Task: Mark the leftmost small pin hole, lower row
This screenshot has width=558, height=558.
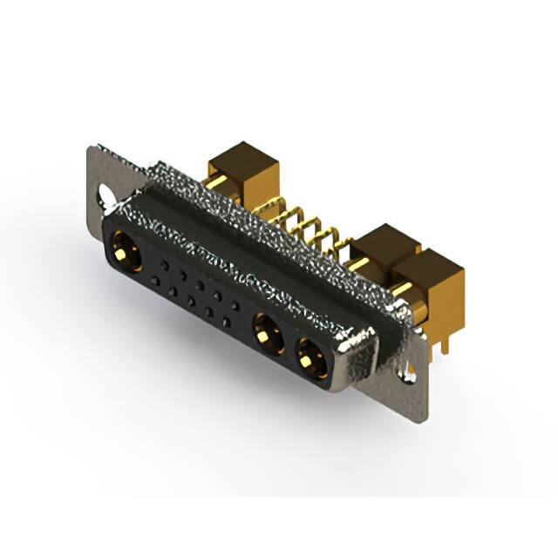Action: (154, 279)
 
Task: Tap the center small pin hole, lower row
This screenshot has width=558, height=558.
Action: (191, 302)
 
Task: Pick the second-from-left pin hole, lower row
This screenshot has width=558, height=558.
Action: (173, 290)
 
